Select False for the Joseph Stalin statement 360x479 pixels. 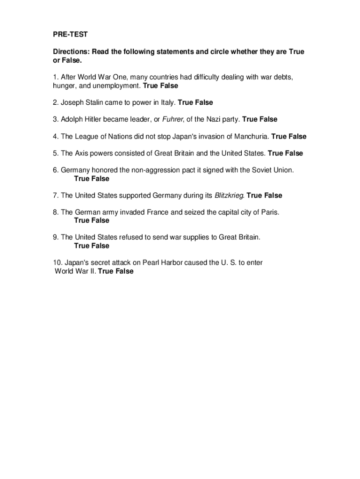(204, 102)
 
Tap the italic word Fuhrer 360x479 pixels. (173, 120)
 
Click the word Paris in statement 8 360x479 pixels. (270, 212)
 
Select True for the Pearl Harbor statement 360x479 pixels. (106, 271)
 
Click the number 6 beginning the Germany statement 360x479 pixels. (55, 170)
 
